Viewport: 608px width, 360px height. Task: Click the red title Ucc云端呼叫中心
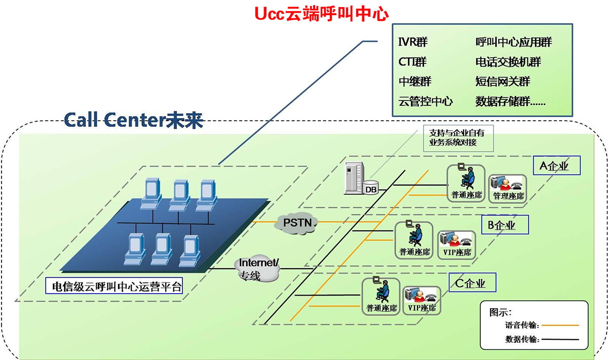[x=322, y=14]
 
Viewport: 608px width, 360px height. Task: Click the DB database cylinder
[x=371, y=188]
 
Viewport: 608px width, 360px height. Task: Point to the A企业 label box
[x=556, y=165]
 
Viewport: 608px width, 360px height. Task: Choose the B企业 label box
[x=505, y=225]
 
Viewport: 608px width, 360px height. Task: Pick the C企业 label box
[x=472, y=282]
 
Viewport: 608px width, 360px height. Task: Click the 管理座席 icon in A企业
[x=508, y=189]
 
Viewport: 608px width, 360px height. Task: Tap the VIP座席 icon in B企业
[x=457, y=245]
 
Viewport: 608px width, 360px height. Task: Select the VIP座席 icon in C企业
[x=422, y=301]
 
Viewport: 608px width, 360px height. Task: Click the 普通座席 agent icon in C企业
[x=381, y=297]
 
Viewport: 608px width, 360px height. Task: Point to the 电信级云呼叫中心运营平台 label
[x=114, y=285]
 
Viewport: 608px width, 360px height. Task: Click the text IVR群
[x=413, y=42]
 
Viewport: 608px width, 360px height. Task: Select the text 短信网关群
[x=503, y=82]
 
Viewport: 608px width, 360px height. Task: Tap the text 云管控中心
[x=425, y=101]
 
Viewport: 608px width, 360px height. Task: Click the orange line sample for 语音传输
[x=560, y=325]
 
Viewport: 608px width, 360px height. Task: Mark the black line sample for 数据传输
[x=560, y=339]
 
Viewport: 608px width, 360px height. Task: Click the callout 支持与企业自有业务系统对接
[x=459, y=138]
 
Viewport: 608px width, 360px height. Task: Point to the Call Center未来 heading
[x=134, y=120]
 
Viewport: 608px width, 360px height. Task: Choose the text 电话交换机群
[x=508, y=62]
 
